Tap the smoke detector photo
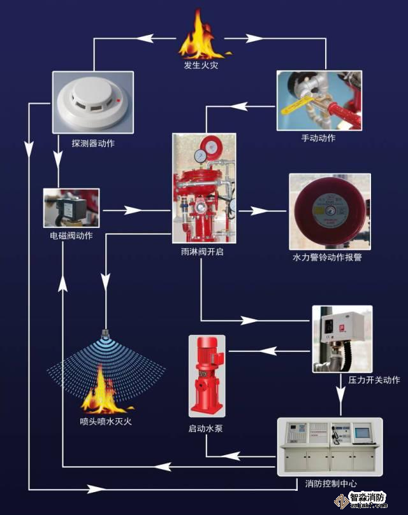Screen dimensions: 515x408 pyautogui.click(x=92, y=102)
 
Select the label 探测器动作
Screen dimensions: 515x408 pyautogui.click(x=93, y=143)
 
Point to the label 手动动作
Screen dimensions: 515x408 pyautogui.click(x=318, y=138)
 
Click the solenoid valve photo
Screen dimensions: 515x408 pyautogui.click(x=71, y=208)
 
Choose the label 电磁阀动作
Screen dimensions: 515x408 pyautogui.click(x=71, y=236)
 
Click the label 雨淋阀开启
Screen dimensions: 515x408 pyautogui.click(x=202, y=252)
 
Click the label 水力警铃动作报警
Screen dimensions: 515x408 pyautogui.click(x=326, y=257)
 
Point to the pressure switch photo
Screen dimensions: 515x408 pyautogui.click(x=341, y=338)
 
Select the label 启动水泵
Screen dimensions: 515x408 pyautogui.click(x=205, y=428)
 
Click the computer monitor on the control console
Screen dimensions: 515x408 pyautogui.click(x=363, y=433)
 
